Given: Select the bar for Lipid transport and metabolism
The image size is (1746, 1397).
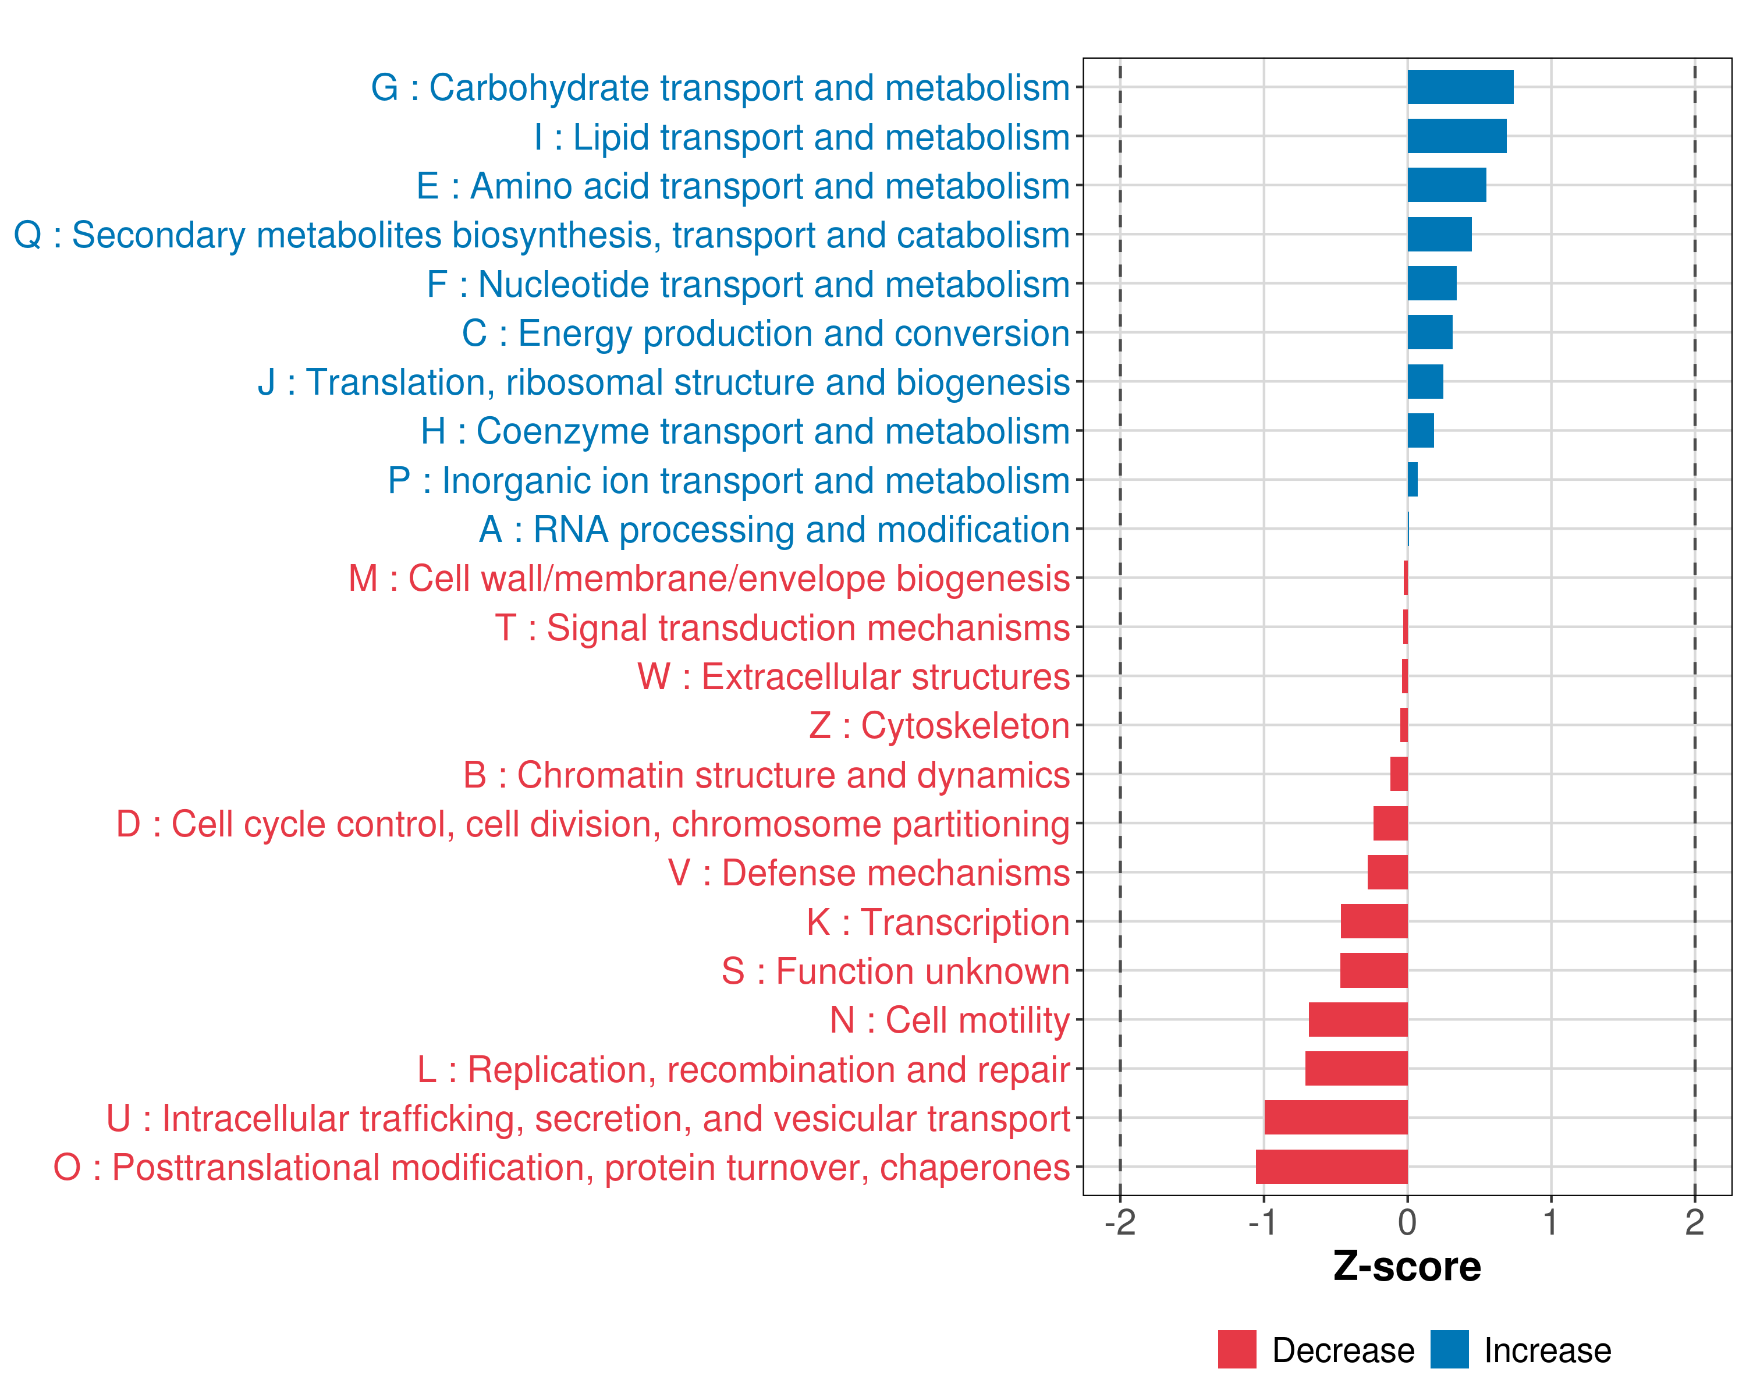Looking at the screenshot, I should point(1456,136).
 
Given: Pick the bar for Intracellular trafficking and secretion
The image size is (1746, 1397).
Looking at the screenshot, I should point(1336,1118).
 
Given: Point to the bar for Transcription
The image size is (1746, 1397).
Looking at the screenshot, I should point(1374,921).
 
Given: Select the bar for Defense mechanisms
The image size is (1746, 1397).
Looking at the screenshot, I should point(1387,872).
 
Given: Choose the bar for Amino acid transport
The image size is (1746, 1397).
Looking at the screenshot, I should point(1446,186).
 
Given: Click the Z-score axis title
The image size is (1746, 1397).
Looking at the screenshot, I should point(1407,1267).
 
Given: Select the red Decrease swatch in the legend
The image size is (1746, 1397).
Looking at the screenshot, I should point(1237,1349).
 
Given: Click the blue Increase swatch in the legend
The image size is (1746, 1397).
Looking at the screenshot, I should point(1449,1349).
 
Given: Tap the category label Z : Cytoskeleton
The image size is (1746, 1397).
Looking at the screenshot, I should point(939,726).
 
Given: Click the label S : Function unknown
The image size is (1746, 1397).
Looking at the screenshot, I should point(896,971).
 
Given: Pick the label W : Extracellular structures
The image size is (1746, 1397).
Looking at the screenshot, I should point(854,677).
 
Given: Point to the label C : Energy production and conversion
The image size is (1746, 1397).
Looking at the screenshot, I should point(766,334).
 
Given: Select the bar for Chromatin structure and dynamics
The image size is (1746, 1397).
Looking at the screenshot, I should point(1399,774).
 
